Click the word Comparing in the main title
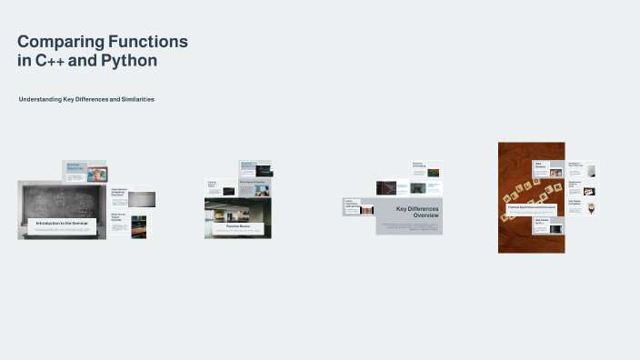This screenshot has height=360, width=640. pos(59,42)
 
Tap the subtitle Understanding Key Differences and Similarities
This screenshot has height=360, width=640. pos(86,99)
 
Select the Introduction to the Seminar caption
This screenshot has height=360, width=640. pos(62,223)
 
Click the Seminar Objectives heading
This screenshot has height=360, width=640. pos(75,167)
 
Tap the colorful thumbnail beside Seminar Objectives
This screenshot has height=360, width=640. pos(96,174)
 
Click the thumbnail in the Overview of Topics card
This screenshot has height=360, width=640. pos(138,223)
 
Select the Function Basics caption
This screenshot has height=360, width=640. pos(237,226)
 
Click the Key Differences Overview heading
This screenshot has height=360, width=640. pos(417,212)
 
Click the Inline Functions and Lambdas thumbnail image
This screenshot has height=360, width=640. pos(368,209)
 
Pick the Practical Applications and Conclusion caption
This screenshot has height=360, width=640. pos(532,208)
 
